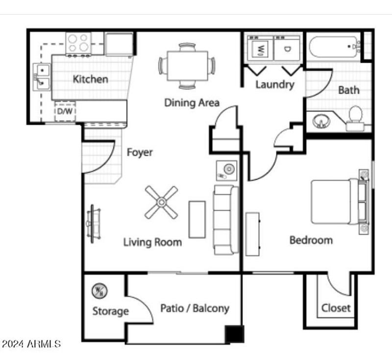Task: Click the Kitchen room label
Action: tap(91, 79)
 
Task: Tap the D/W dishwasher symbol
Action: tap(64, 111)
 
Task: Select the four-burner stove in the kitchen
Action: tap(79, 43)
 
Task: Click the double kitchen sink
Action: tap(42, 77)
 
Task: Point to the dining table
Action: tap(187, 66)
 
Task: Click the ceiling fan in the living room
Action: tap(161, 202)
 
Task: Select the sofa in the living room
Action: tap(225, 219)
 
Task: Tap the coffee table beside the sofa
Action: tap(197, 219)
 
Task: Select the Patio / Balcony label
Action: tap(195, 308)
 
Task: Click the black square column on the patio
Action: tap(234, 334)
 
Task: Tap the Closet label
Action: tap(336, 308)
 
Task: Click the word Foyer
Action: tap(140, 152)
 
